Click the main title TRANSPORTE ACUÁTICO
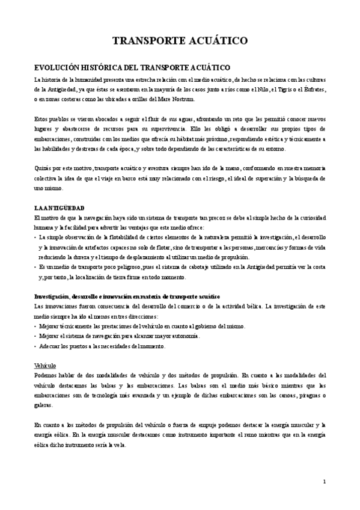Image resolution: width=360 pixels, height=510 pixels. (180, 41)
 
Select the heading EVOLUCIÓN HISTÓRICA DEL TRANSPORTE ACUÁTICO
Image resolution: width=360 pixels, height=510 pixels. (132, 67)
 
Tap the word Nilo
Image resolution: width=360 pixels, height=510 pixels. (261, 89)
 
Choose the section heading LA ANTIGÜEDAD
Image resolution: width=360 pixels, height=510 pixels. (58, 207)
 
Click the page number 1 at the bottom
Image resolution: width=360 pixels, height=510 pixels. (325, 481)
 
